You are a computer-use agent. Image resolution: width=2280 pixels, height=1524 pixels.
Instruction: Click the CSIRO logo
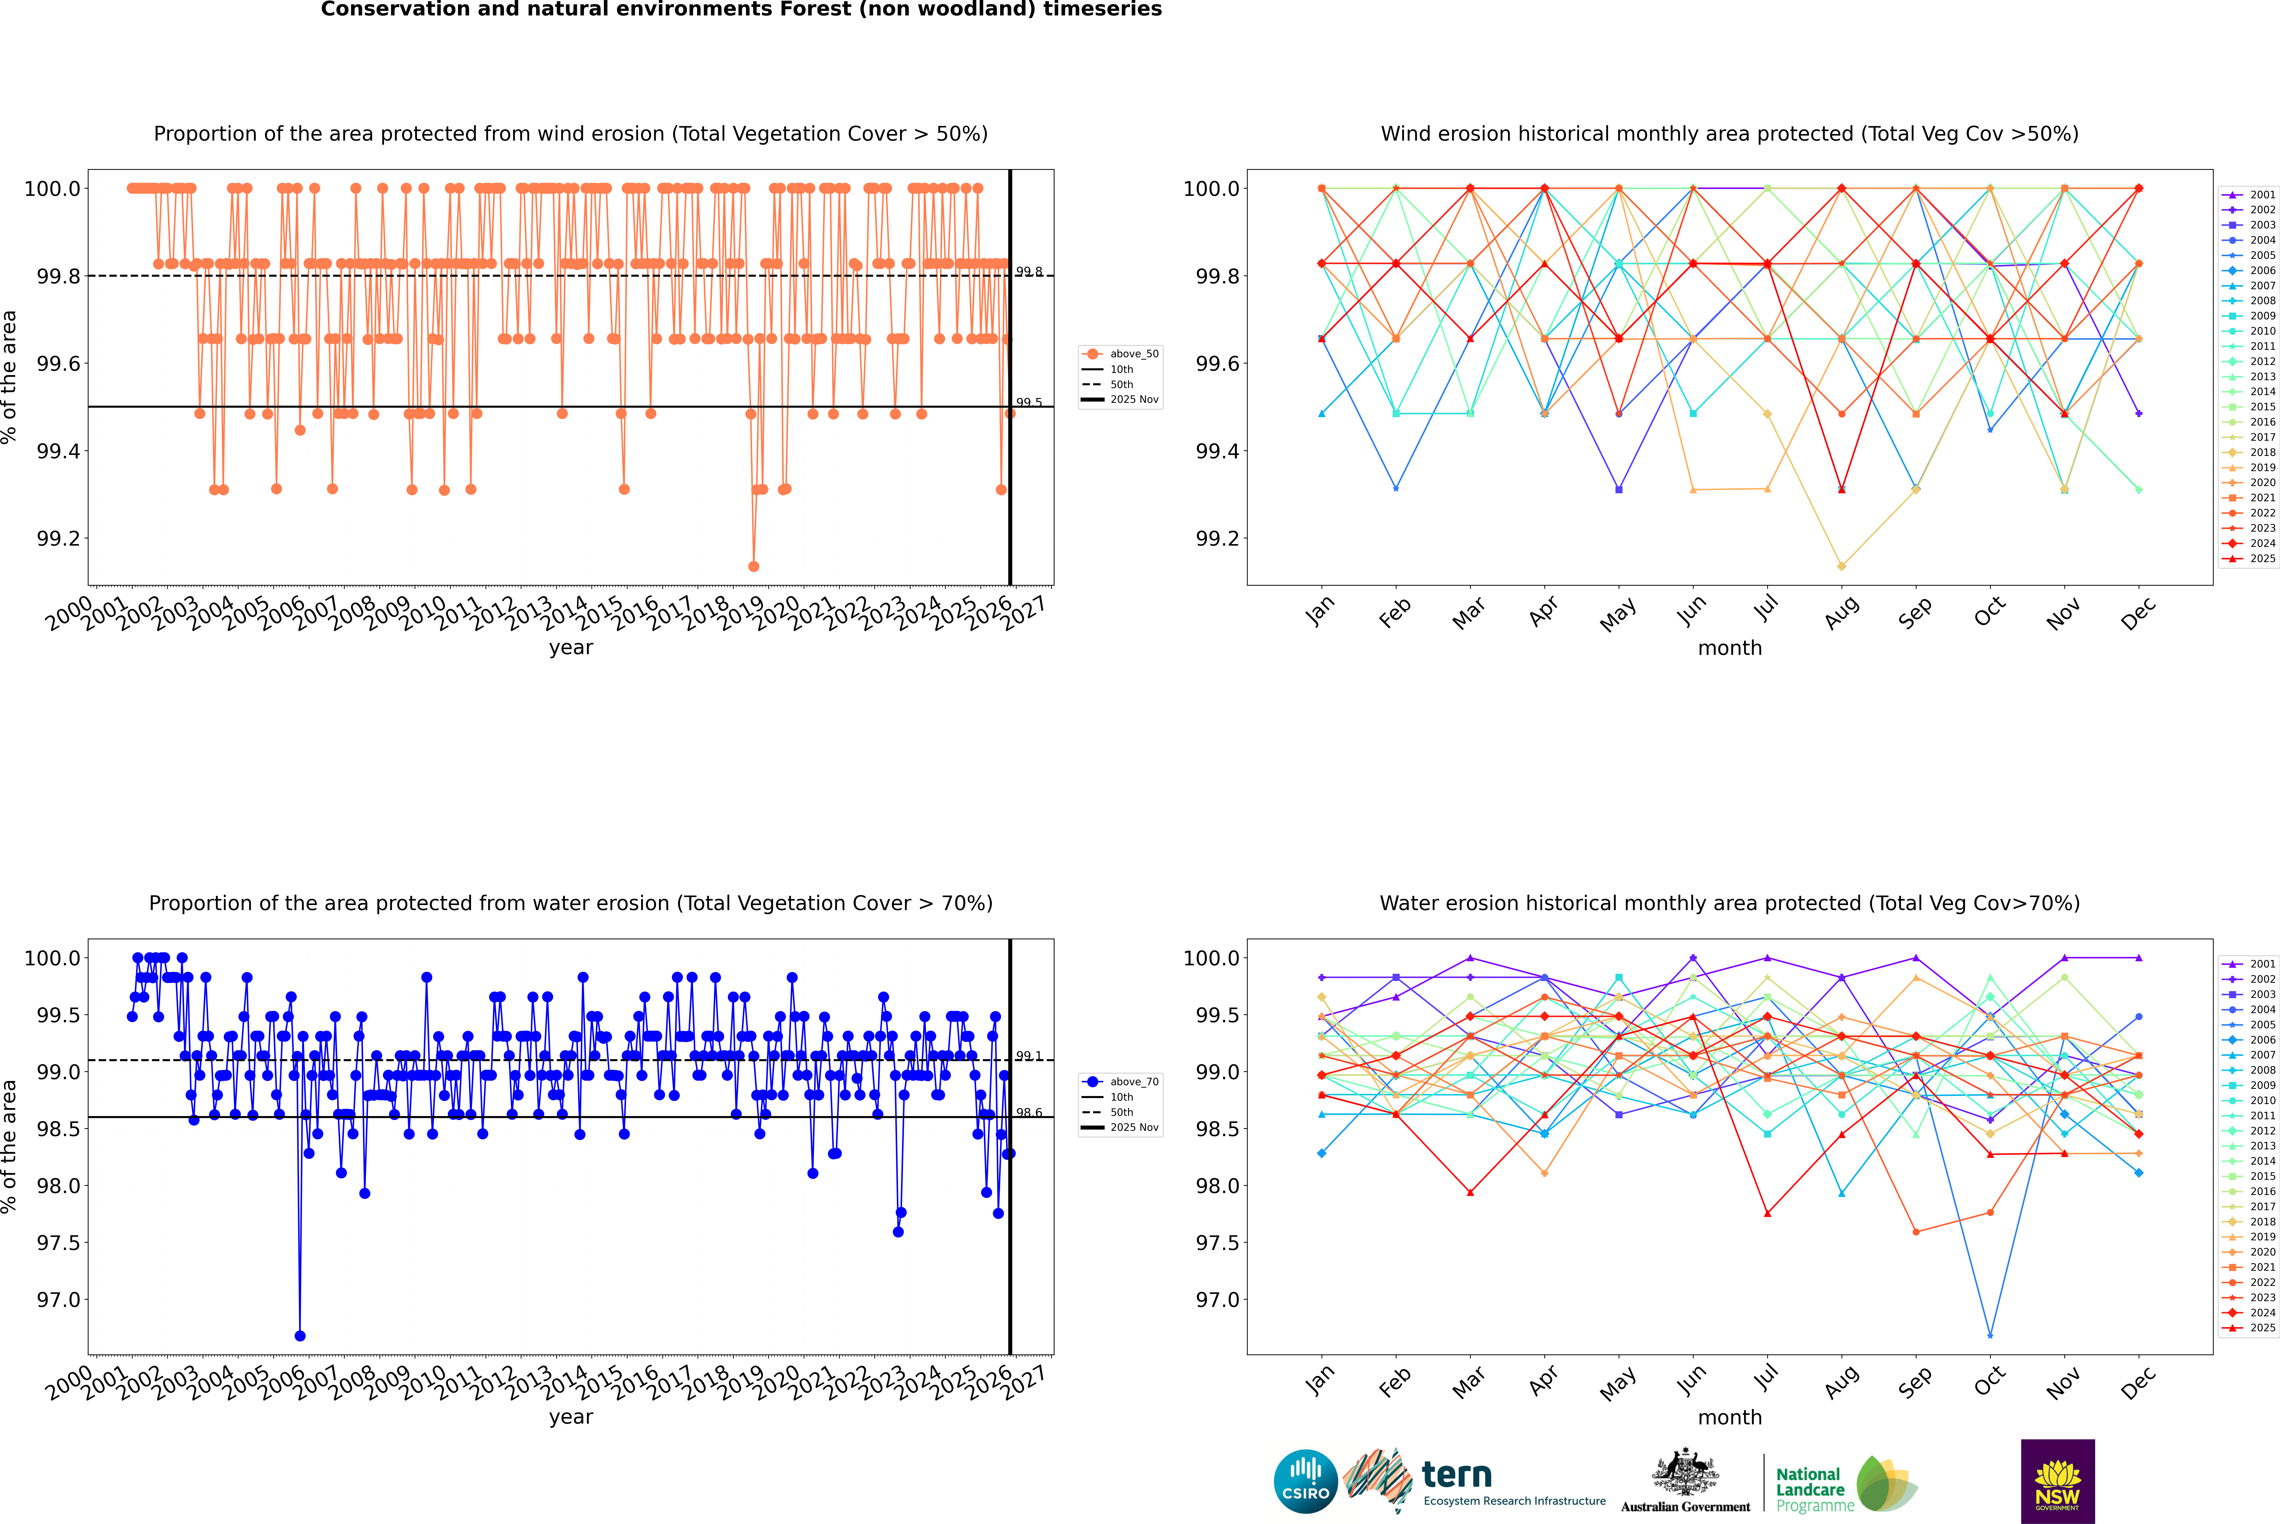(1305, 1481)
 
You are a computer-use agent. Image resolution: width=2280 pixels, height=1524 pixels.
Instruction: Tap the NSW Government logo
(2057, 1481)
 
